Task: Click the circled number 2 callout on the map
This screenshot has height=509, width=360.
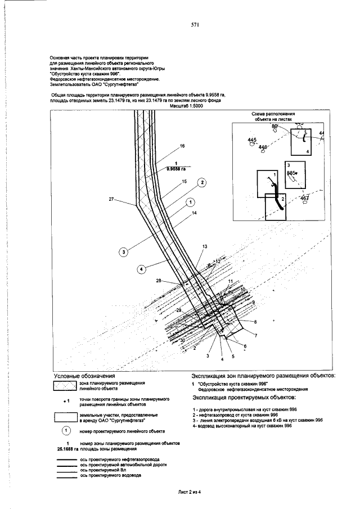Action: [x=202, y=182]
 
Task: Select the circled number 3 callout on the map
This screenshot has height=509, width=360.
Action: [x=123, y=252]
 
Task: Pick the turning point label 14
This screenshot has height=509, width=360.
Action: [x=195, y=213]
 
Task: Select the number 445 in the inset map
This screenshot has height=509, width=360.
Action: [x=251, y=139]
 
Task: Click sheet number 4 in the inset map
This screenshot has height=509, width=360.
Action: [x=307, y=152]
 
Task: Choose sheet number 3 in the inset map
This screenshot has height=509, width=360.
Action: [x=288, y=165]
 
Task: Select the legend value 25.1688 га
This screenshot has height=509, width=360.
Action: [x=67, y=448]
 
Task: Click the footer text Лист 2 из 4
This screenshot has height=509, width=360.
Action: [x=189, y=492]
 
